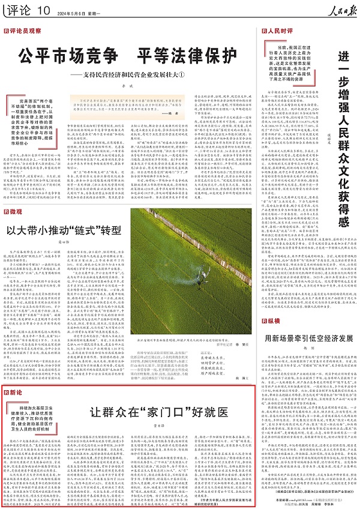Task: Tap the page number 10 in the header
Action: click(x=45, y=11)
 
